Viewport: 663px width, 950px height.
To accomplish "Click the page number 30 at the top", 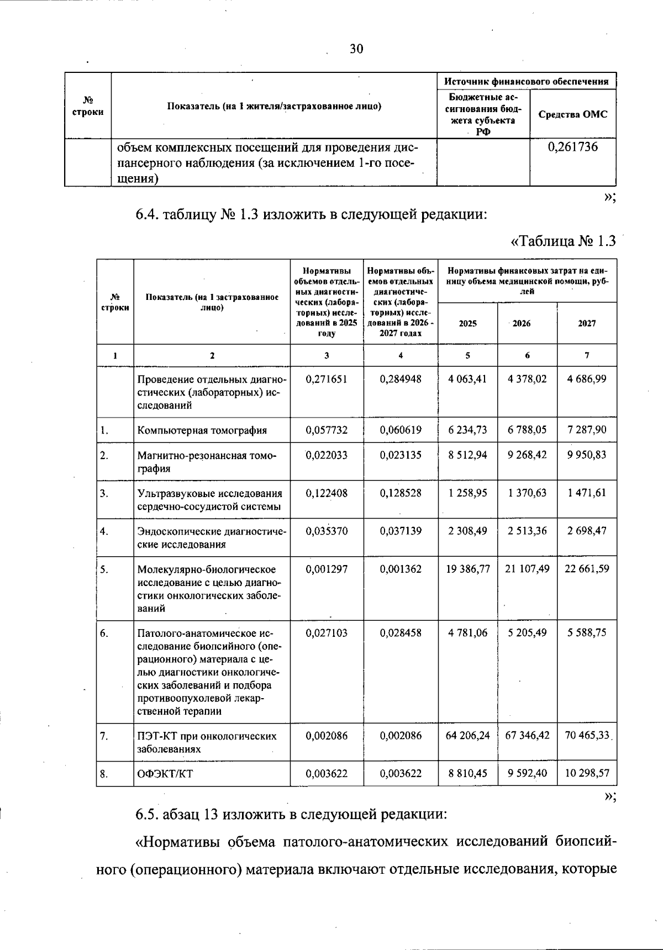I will (356, 49).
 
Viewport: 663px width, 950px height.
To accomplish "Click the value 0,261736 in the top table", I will (573, 147).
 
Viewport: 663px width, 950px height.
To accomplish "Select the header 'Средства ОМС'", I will (573, 114).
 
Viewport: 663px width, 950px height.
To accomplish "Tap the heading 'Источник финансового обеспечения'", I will (527, 82).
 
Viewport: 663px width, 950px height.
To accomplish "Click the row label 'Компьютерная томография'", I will (202, 430).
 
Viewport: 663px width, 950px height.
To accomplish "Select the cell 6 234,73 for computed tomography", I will (467, 430).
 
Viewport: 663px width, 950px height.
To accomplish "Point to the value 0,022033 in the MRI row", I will (327, 455).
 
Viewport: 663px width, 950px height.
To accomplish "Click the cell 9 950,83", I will (587, 455).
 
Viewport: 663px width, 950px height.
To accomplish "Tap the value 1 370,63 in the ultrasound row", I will (527, 493).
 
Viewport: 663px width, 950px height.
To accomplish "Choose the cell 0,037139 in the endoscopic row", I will (401, 531).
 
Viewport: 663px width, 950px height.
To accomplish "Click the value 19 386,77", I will (467, 568).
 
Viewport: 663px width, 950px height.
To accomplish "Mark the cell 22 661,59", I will (587, 568).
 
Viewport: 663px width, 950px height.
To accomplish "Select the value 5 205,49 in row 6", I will (527, 632).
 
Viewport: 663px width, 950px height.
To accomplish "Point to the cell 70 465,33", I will (587, 735).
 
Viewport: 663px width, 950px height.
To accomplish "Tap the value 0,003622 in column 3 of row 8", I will (327, 773).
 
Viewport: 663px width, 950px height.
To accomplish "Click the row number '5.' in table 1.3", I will (104, 569).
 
